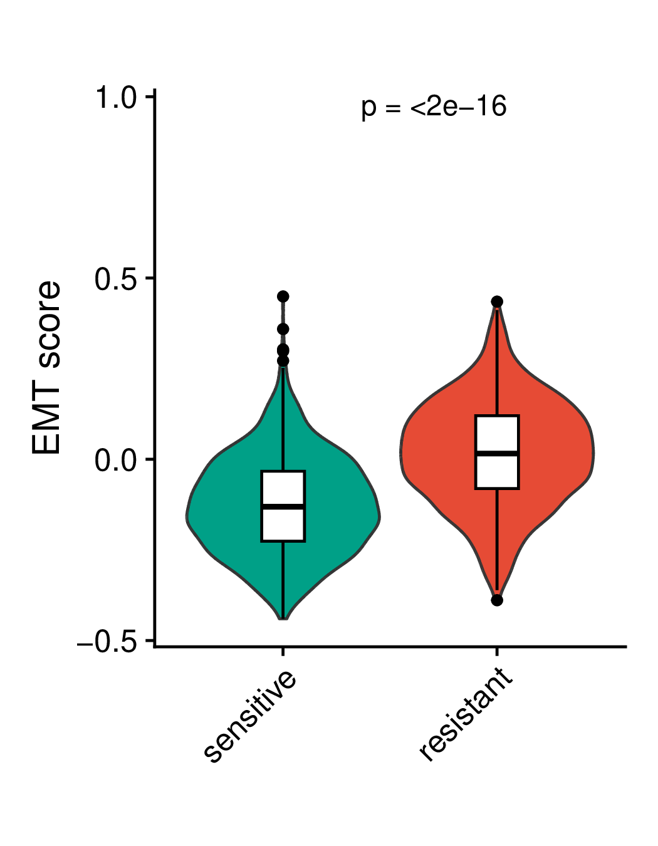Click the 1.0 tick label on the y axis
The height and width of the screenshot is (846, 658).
[116, 98]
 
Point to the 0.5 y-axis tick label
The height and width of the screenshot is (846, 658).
[116, 279]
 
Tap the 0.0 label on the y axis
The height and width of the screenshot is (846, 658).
[116, 461]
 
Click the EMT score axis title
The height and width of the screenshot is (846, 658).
[46, 367]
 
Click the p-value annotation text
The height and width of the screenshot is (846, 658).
[434, 107]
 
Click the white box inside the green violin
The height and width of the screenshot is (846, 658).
[283, 506]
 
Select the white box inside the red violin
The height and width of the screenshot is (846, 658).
[497, 452]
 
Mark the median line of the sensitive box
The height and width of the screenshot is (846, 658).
[283, 506]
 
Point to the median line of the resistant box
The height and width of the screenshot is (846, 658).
[497, 454]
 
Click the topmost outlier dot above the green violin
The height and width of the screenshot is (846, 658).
[283, 296]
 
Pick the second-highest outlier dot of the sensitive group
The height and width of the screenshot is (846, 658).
[283, 330]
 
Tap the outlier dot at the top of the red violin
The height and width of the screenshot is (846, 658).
[497, 301]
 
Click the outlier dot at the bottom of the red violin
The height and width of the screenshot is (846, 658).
[497, 600]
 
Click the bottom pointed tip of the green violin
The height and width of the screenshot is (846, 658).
[283, 619]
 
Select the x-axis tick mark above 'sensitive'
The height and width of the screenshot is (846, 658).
[283, 652]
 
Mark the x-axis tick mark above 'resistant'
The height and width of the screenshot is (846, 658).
[497, 652]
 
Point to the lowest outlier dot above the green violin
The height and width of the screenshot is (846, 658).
[283, 361]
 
